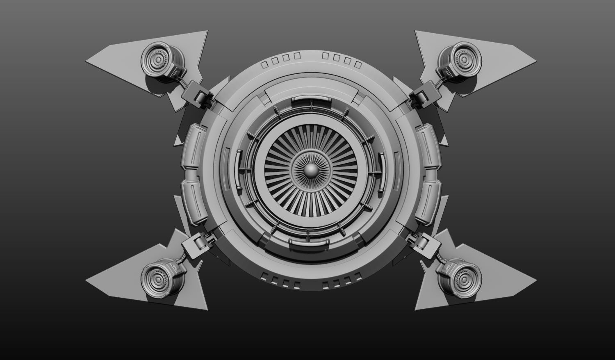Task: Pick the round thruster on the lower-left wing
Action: pyautogui.click(x=157, y=275)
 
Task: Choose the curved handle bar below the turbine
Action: pyautogui.click(x=310, y=243)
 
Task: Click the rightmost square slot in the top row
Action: pyautogui.click(x=358, y=64)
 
